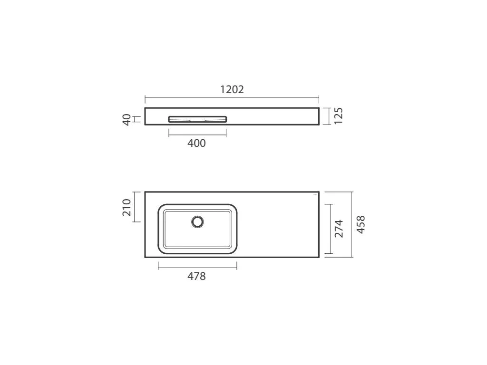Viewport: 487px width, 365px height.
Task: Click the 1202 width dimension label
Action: pyautogui.click(x=232, y=89)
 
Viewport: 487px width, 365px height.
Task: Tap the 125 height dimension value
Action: pyautogui.click(x=338, y=116)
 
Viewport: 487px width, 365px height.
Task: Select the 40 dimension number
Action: pyautogui.click(x=127, y=119)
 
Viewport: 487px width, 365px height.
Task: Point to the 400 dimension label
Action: pyautogui.click(x=196, y=143)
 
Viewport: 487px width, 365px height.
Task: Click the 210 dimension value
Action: pyautogui.click(x=127, y=207)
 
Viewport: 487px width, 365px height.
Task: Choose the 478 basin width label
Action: pyautogui.click(x=196, y=276)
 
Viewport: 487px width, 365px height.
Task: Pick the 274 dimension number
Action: pyautogui.click(x=339, y=229)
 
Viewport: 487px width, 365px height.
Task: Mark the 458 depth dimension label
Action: pyautogui.click(x=360, y=224)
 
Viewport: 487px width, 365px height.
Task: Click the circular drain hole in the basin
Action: pyautogui.click(x=197, y=221)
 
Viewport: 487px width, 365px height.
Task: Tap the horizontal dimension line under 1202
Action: pyautogui.click(x=232, y=97)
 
